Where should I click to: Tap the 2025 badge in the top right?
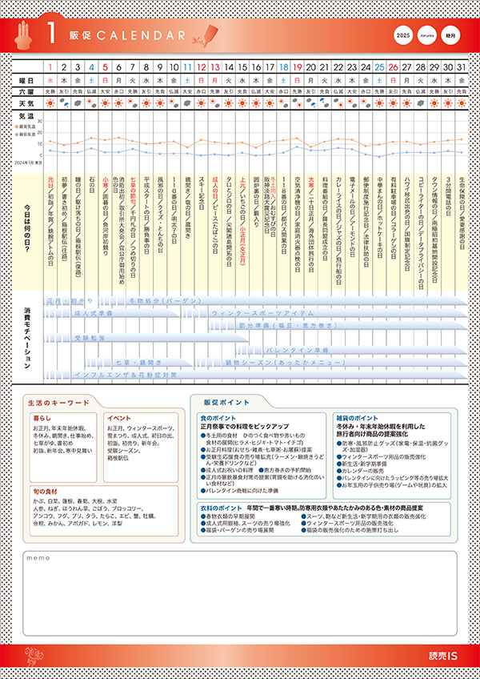[404, 36]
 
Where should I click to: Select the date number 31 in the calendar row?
[462, 67]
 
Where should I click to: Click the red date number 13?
[214, 67]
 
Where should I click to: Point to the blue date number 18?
[283, 67]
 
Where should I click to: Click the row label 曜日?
[27, 81]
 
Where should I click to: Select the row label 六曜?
[27, 91]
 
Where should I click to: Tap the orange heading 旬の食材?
[46, 491]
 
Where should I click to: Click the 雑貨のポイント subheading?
[356, 418]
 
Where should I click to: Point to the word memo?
[38, 557]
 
